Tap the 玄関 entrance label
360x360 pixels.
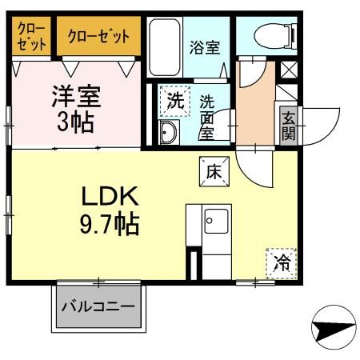pyautogui.click(x=287, y=126)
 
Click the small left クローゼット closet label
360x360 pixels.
pyautogui.click(x=32, y=36)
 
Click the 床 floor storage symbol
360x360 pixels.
pyautogui.click(x=214, y=170)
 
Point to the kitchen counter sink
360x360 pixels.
pyautogui.click(x=213, y=222)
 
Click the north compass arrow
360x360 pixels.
pyautogui.click(x=334, y=327)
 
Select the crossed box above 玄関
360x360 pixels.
pyautogui.click(x=288, y=70)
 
